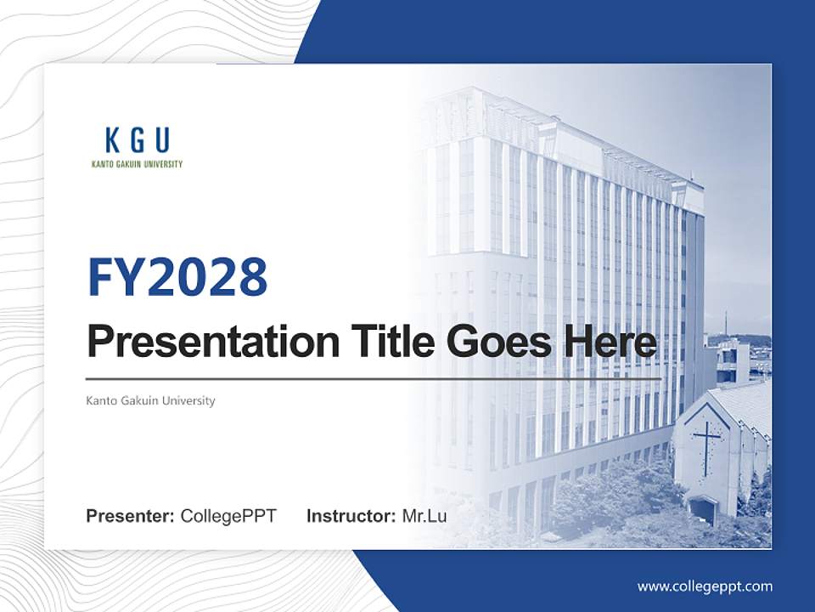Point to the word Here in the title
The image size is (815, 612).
(610, 343)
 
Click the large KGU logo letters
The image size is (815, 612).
(137, 140)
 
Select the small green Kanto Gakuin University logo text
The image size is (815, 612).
(137, 164)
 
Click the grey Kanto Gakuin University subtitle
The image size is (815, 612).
(150, 400)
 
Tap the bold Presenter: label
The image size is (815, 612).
(131, 516)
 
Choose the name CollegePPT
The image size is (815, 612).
(228, 516)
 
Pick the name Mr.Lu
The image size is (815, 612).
(424, 516)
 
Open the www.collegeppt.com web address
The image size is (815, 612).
(705, 586)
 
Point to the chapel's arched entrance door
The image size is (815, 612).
(703, 510)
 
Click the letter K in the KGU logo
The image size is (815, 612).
(112, 140)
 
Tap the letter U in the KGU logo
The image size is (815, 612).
(161, 140)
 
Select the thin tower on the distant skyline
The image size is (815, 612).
(726, 324)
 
